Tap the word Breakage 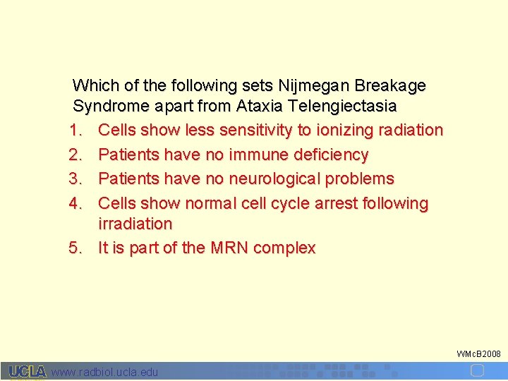(391, 86)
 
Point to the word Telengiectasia (342, 107)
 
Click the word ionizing (341, 131)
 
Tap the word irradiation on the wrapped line (135, 224)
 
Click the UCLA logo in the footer (27, 371)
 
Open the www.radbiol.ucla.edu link (105, 372)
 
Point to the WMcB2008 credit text (478, 353)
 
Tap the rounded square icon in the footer (477, 370)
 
